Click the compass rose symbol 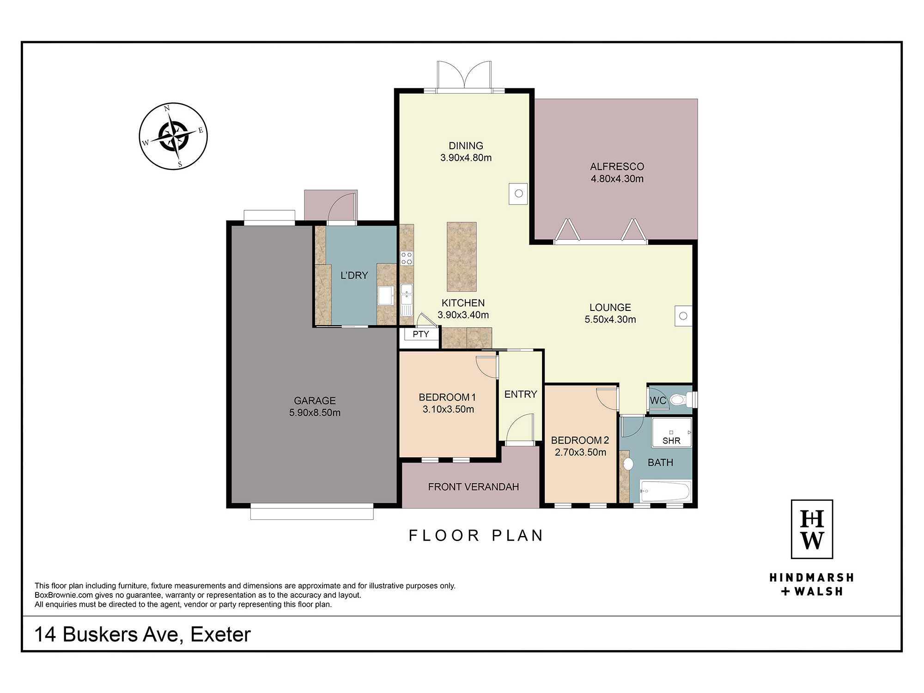173,136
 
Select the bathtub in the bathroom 665,491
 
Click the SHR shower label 671,441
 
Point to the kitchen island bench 462,257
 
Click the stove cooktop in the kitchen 407,258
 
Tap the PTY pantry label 420,334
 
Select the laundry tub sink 386,296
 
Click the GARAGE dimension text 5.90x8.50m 315,413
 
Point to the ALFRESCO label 617,166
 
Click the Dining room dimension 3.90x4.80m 466,158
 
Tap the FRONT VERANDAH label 474,486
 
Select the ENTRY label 521,394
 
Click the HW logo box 812,529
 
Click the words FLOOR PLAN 476,535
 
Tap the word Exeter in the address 220,634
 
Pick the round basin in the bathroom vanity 628,464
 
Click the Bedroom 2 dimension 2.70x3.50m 580,452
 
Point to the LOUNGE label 610,307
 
